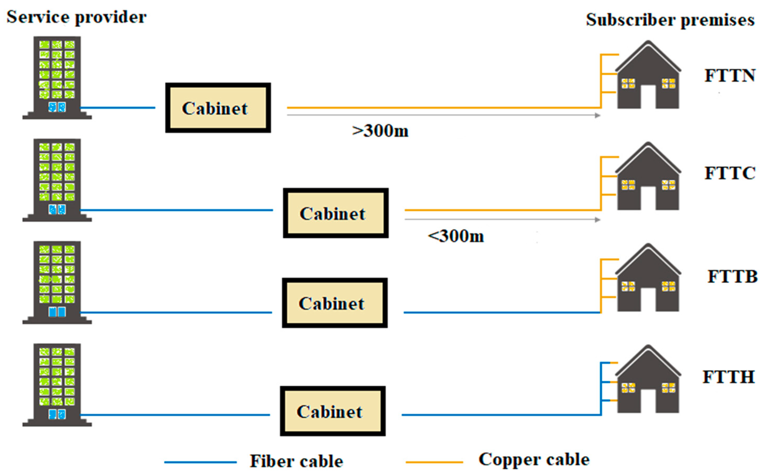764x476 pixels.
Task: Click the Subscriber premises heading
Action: coord(670,20)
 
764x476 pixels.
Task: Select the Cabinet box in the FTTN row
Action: coord(218,108)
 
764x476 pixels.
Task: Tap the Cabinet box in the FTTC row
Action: coord(336,213)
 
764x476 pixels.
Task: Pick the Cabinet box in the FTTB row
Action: coord(334,303)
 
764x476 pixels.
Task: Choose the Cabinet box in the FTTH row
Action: coord(333,411)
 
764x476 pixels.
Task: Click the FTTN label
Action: coord(730,76)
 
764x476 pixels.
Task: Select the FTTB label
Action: coord(732,277)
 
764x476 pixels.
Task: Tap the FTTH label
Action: coord(728,377)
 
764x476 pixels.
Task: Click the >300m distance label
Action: coord(380,131)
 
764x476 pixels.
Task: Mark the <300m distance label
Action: coord(456,236)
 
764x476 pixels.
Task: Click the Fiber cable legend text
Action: coord(296,462)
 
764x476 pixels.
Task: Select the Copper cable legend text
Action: coord(534,460)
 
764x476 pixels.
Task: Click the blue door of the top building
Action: coord(57,107)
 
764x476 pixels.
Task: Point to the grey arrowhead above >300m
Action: coord(597,116)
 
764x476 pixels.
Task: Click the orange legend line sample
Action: coord(434,462)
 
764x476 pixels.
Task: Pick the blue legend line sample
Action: coord(200,462)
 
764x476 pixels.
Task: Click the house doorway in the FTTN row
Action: coord(648,97)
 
